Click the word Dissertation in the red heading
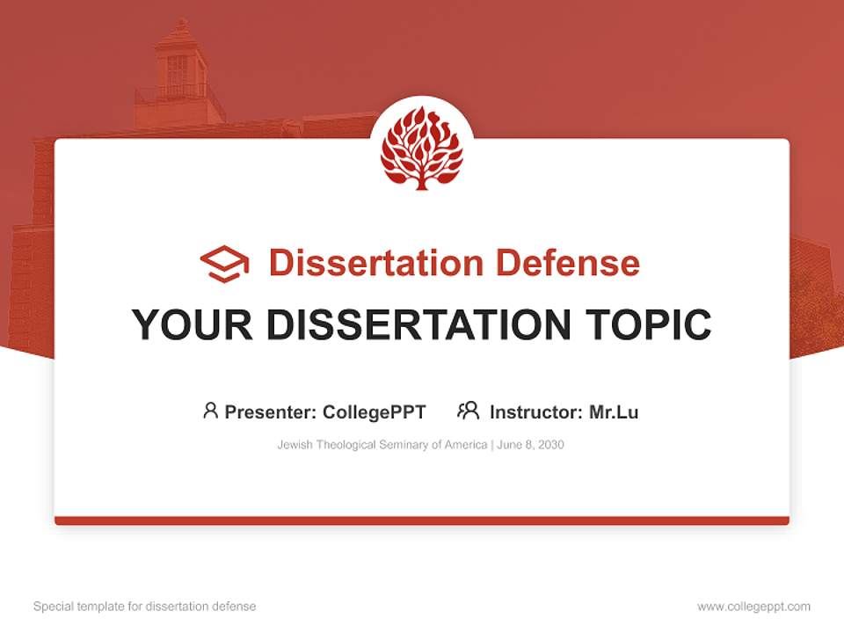click(375, 263)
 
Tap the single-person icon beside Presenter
click(210, 411)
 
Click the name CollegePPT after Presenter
click(375, 412)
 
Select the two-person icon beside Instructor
click(468, 411)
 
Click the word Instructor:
click(535, 412)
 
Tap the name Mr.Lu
click(614, 412)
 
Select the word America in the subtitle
click(465, 445)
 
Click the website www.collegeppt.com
click(753, 607)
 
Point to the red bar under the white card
click(421, 520)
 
